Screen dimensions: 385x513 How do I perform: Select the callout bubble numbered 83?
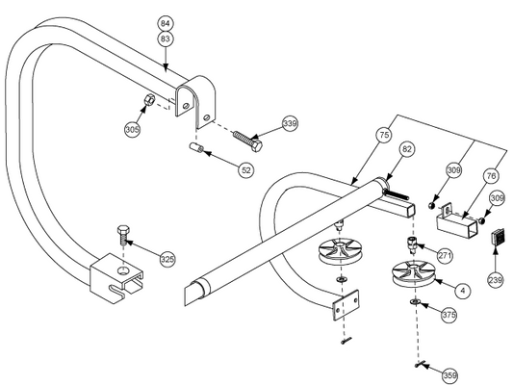pos(165,38)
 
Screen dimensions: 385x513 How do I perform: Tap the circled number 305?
pos(133,127)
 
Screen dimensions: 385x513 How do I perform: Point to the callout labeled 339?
pos(290,123)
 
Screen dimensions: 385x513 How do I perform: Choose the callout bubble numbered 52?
pos(247,168)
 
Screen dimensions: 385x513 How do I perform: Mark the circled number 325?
pos(167,259)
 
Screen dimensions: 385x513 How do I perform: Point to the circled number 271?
pos(445,256)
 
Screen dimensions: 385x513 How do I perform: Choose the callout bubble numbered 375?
pos(449,314)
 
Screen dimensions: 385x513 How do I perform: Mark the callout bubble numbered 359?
pos(449,373)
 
